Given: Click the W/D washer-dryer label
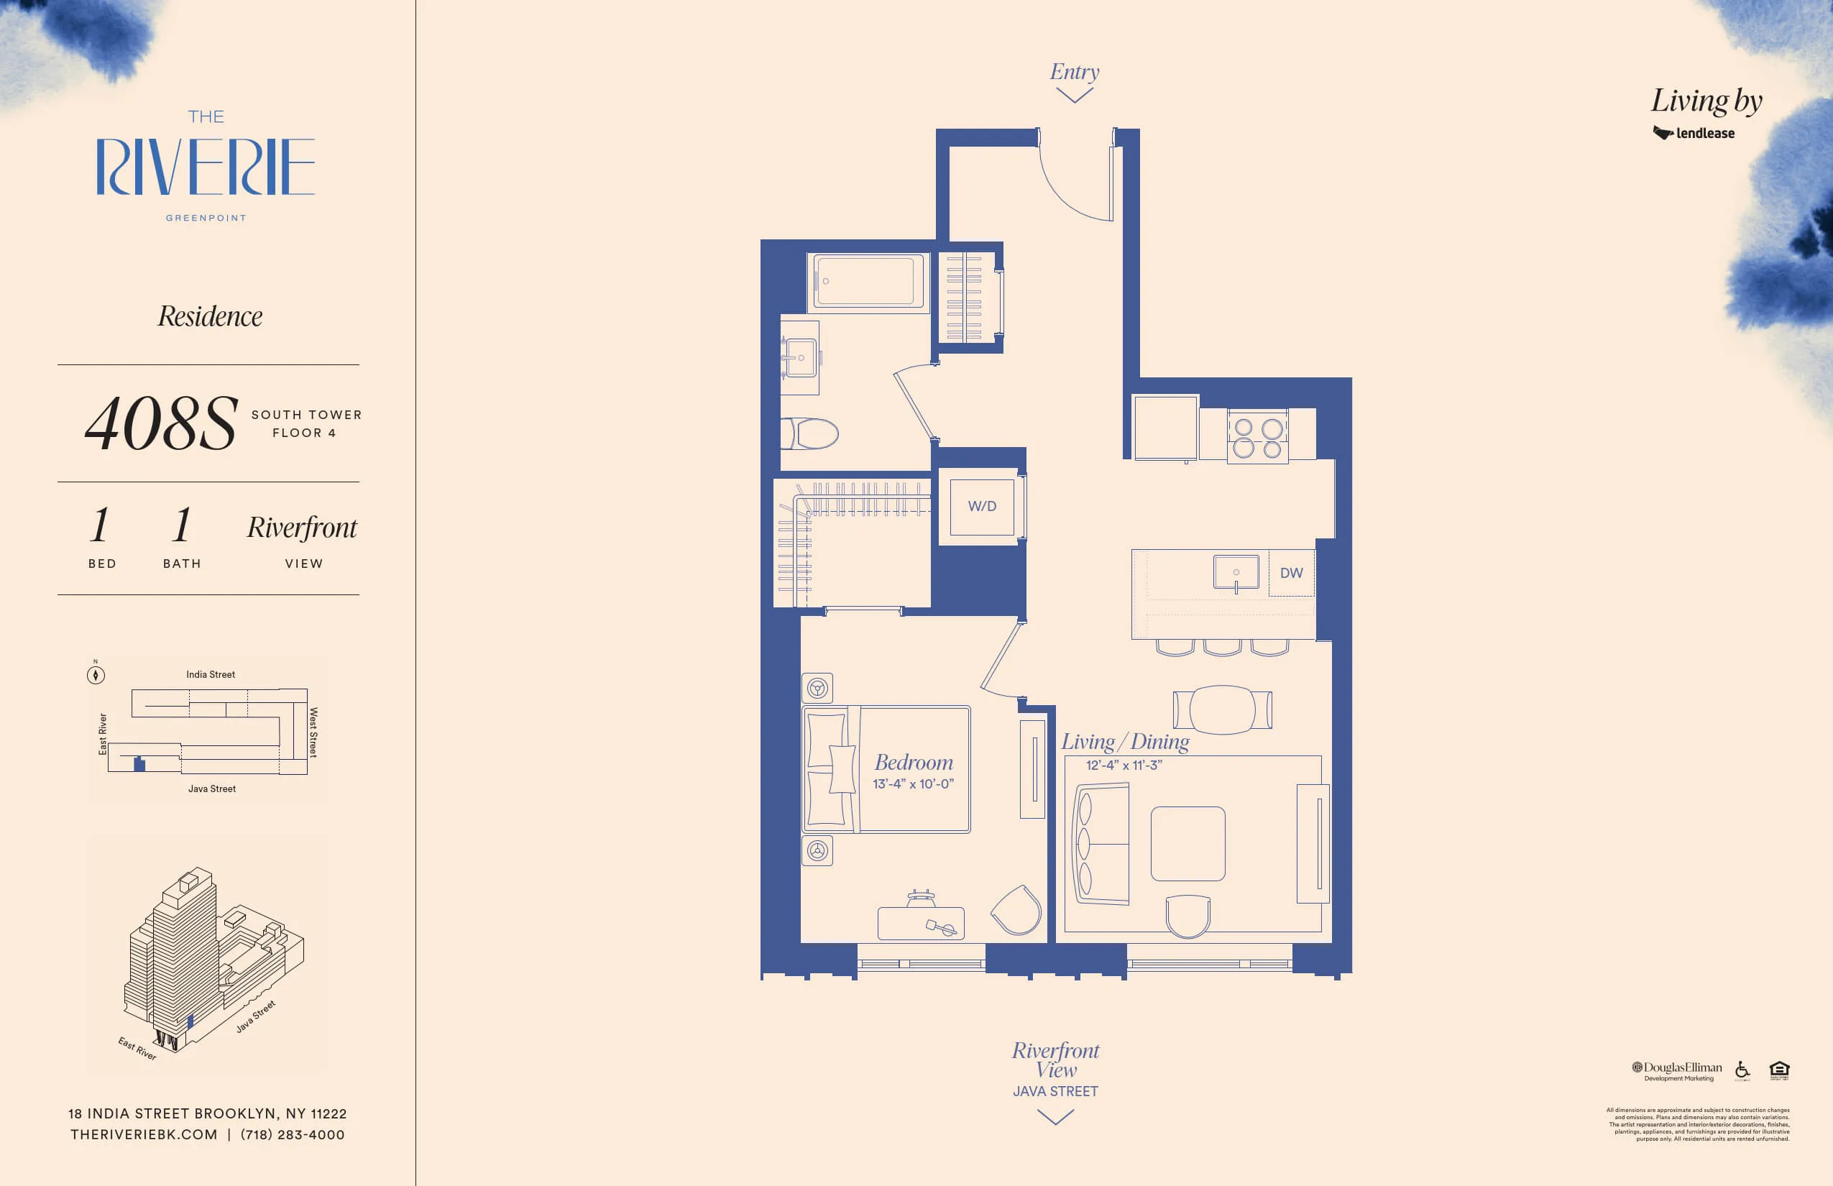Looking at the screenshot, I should [x=982, y=506].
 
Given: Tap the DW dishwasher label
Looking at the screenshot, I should [x=1291, y=573].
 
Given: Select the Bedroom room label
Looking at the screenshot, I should [x=914, y=763].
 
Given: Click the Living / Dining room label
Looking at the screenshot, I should [x=1124, y=742].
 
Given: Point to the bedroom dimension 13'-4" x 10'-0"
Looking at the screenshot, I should [x=913, y=784].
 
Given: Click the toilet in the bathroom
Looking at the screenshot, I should [x=811, y=433].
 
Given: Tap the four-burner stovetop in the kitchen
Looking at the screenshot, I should [x=1258, y=438].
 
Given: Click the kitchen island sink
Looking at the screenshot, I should [x=1236, y=573].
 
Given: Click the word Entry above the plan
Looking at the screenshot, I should [x=1075, y=72].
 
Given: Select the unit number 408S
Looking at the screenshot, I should [x=161, y=423].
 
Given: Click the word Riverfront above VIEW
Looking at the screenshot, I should [x=302, y=528].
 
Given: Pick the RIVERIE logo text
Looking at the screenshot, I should [x=206, y=167].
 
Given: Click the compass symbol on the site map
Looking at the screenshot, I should [x=96, y=676].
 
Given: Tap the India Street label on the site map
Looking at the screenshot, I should [x=210, y=675].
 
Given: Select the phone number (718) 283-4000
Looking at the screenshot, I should [x=293, y=1134].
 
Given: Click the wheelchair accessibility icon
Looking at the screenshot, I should [x=1742, y=1070].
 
